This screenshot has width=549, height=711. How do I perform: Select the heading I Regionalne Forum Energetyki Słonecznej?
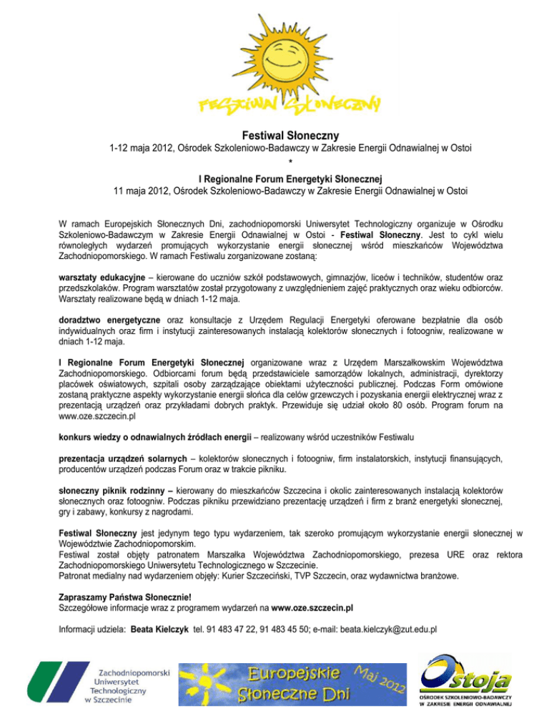point(274,177)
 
